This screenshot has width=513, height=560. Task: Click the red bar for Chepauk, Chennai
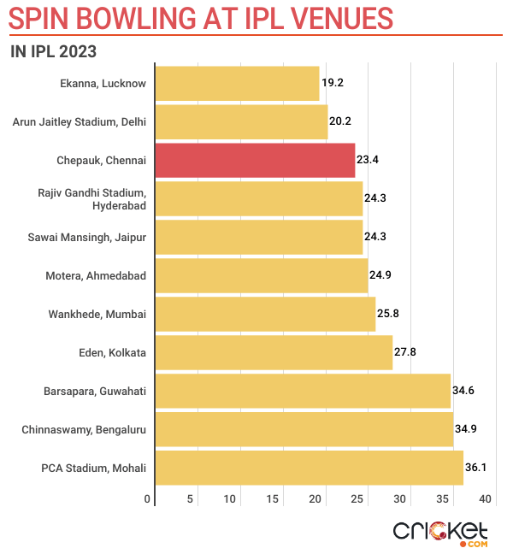click(x=255, y=161)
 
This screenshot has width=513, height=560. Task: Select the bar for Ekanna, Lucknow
click(x=237, y=84)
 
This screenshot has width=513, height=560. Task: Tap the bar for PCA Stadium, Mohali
click(x=309, y=468)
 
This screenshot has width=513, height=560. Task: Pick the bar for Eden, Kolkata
click(x=274, y=352)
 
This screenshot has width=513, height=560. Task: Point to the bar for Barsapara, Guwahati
click(x=303, y=391)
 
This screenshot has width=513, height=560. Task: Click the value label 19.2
click(x=332, y=84)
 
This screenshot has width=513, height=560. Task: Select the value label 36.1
click(x=476, y=468)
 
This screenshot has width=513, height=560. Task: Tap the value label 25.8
click(x=388, y=314)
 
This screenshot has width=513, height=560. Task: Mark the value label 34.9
click(x=466, y=429)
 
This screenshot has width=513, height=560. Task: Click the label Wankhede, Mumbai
click(x=97, y=314)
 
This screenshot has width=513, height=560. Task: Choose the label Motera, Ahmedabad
click(x=95, y=275)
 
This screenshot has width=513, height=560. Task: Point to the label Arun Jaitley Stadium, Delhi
click(x=79, y=122)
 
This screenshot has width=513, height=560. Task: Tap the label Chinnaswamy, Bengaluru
click(x=84, y=429)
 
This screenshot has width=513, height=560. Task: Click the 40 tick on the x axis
click(x=486, y=499)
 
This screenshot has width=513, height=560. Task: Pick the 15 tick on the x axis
click(x=273, y=499)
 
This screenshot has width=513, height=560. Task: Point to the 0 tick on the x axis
click(x=148, y=499)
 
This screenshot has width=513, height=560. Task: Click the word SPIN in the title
click(x=43, y=17)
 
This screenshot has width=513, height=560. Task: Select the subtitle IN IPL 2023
click(x=53, y=50)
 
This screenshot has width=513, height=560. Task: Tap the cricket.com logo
click(x=439, y=533)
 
